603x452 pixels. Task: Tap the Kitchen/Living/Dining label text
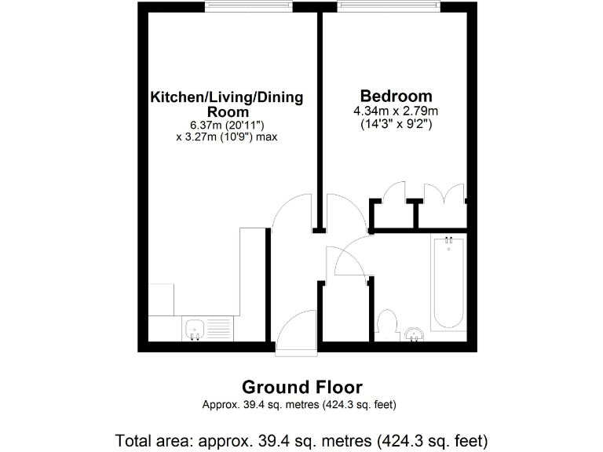point(227,97)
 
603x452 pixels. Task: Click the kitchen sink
point(195,328)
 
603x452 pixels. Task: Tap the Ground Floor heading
point(301,387)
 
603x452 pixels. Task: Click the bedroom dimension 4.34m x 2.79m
point(396,111)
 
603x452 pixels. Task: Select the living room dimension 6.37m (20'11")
point(226,124)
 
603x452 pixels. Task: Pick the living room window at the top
point(248,7)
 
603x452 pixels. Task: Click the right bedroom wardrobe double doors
point(444,194)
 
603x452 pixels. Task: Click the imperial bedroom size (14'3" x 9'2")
point(396,124)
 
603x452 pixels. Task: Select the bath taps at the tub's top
point(448,239)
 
